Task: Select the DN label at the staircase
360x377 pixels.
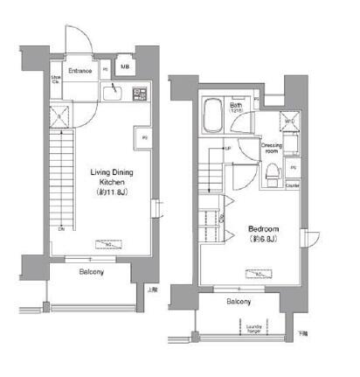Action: point(61,229)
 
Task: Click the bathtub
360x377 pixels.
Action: point(213,114)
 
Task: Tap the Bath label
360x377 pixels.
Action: point(235,105)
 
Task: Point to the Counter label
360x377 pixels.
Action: point(293,185)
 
